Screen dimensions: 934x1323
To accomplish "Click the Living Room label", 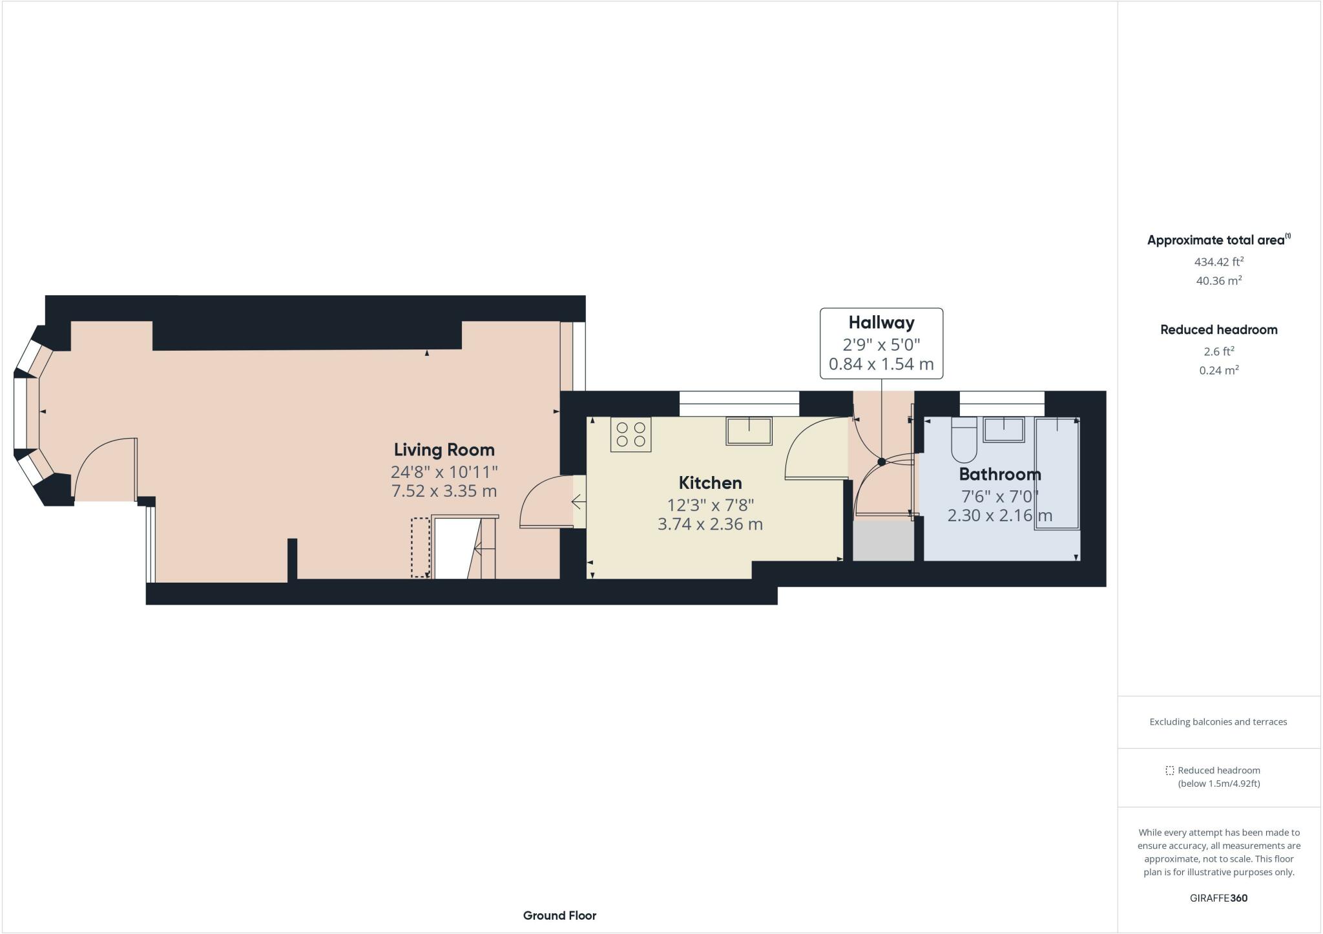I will click(x=444, y=450).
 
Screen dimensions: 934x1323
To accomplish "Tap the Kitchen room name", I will click(x=710, y=483).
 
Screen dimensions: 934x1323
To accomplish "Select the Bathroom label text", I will click(x=999, y=474).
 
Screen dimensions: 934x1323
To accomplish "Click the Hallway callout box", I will click(x=881, y=343).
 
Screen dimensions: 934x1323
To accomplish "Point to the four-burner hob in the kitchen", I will click(x=630, y=434).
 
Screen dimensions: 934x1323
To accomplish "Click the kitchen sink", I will click(x=749, y=431).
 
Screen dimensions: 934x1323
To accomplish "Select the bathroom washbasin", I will click(x=1003, y=430).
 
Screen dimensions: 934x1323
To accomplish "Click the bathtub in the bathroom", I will click(x=1057, y=473).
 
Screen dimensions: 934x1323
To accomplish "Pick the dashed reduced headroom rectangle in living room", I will click(x=420, y=547).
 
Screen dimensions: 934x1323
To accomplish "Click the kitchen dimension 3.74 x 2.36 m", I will click(x=710, y=524).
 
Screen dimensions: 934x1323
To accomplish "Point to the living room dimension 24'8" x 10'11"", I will click(x=444, y=472).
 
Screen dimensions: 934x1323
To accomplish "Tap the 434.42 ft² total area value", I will click(x=1218, y=262).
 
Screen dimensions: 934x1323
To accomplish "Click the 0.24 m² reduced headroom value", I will click(x=1218, y=370).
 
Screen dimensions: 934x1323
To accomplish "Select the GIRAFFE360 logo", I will click(x=1218, y=898).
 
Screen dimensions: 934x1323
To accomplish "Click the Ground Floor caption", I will click(x=559, y=915).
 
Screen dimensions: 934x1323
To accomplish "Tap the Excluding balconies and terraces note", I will click(x=1218, y=721).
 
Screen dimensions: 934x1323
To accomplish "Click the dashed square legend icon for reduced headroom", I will click(x=1169, y=770).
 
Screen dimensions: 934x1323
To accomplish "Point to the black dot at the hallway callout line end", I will click(x=882, y=462).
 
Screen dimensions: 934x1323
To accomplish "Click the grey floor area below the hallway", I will click(x=883, y=541).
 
